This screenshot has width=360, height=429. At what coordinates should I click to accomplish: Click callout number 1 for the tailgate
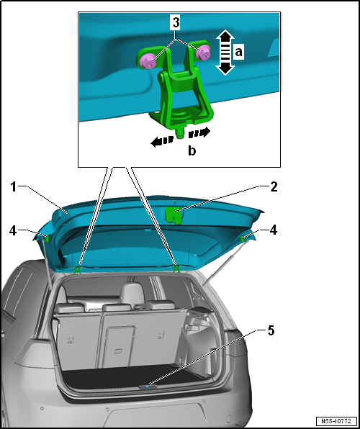[x=14, y=187]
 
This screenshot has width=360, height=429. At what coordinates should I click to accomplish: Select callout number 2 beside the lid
[x=274, y=187]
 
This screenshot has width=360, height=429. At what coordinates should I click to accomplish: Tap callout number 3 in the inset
[x=176, y=23]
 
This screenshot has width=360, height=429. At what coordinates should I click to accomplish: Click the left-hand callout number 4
[x=13, y=231]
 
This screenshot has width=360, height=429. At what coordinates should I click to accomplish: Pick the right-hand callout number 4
[x=273, y=230]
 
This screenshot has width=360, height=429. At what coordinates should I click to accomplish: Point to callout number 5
[x=271, y=331]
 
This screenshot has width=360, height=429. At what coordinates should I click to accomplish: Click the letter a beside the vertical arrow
[x=239, y=52]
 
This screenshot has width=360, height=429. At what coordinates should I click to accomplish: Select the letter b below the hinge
[x=192, y=150]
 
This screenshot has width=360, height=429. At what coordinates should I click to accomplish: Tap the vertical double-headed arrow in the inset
[x=225, y=53]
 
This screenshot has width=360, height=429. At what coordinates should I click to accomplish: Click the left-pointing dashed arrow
[x=162, y=142]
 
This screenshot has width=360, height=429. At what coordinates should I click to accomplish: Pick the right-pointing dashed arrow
[x=199, y=133]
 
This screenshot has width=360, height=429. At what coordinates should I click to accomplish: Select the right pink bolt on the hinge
[x=203, y=53]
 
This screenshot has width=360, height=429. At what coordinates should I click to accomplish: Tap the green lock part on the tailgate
[x=174, y=215]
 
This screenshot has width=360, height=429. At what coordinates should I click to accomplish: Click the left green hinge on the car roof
[x=78, y=270]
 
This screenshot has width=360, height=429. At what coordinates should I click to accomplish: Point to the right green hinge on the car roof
[x=176, y=268]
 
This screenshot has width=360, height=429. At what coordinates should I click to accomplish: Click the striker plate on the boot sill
[x=148, y=387]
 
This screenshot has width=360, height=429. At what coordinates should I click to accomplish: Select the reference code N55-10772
[x=336, y=421]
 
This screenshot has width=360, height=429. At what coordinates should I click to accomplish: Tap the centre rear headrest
[x=132, y=293]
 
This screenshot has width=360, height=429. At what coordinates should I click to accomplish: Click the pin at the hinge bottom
[x=180, y=134]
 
